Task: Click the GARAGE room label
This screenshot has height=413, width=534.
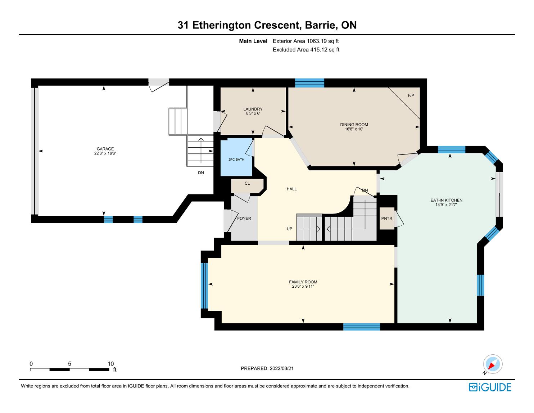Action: pyautogui.click(x=105, y=149)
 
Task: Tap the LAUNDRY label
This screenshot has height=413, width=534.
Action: pyautogui.click(x=253, y=109)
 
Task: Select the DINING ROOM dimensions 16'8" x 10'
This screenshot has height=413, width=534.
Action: pyautogui.click(x=354, y=129)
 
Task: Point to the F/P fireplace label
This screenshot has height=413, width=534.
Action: pyautogui.click(x=411, y=95)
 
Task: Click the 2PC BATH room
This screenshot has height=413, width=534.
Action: pyautogui.click(x=236, y=157)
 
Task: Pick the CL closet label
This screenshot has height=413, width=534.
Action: pyautogui.click(x=247, y=183)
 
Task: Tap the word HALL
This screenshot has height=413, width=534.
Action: pyautogui.click(x=292, y=189)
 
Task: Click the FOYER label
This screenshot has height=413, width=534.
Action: pyautogui.click(x=244, y=218)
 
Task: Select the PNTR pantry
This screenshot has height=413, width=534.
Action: pyautogui.click(x=387, y=219)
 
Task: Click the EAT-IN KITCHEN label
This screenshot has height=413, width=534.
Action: pyautogui.click(x=446, y=200)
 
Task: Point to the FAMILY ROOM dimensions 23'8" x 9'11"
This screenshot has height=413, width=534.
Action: pyautogui.click(x=303, y=286)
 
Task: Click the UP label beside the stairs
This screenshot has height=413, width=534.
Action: pyautogui.click(x=289, y=229)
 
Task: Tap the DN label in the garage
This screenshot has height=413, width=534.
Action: pyautogui.click(x=201, y=173)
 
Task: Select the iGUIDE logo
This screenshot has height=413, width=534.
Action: pyautogui.click(x=490, y=387)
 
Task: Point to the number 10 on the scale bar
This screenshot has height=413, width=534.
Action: pyautogui.click(x=110, y=364)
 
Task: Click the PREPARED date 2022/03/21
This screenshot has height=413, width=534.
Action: pyautogui.click(x=282, y=368)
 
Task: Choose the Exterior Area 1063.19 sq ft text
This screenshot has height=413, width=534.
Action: pyautogui.click(x=306, y=41)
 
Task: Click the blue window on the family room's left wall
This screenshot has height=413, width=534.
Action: pyautogui.click(x=204, y=286)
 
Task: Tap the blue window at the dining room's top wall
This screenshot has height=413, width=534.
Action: pyautogui.click(x=309, y=83)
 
